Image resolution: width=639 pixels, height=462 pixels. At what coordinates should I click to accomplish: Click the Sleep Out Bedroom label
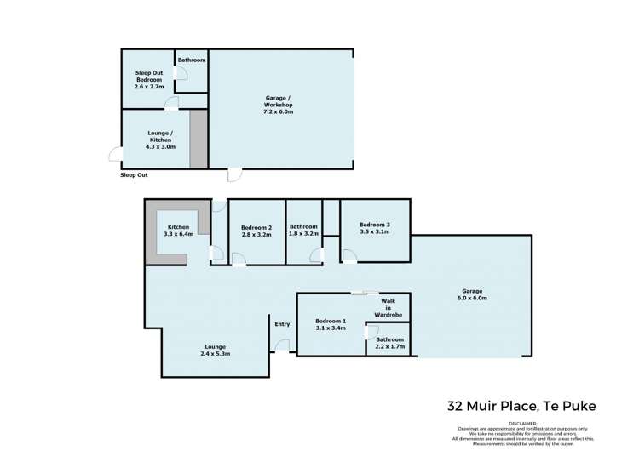(x=148, y=79)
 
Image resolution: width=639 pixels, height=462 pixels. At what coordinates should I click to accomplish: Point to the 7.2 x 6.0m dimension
(x=279, y=111)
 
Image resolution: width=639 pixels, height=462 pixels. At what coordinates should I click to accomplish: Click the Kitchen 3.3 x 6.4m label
(x=178, y=231)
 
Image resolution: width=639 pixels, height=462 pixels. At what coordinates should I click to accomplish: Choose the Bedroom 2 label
(x=256, y=231)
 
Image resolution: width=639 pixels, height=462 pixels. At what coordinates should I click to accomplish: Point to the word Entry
(x=282, y=323)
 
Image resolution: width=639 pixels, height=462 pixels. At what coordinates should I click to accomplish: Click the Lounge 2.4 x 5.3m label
(x=215, y=350)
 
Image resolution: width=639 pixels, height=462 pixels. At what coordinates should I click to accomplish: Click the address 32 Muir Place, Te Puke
(x=522, y=406)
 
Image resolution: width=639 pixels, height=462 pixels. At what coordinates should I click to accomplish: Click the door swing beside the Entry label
(x=282, y=345)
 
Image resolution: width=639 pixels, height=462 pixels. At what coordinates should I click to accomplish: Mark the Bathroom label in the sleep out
(x=192, y=60)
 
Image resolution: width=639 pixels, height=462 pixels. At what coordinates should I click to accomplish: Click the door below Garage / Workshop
(x=233, y=174)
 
